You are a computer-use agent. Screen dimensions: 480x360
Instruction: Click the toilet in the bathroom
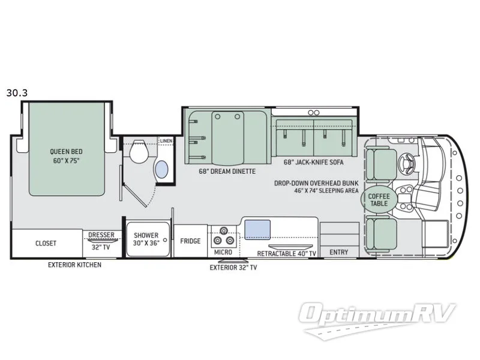pyautogui.click(x=139, y=151)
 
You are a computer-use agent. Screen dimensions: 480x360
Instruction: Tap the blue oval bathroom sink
pyautogui.click(x=162, y=169)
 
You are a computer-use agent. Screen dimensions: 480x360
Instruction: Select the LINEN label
pyautogui.click(x=167, y=141)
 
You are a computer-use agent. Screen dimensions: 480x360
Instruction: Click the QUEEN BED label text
pyautogui.click(x=66, y=152)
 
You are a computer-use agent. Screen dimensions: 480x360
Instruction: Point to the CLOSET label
pyautogui.click(x=46, y=244)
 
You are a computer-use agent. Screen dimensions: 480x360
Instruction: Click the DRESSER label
pyautogui.click(x=101, y=235)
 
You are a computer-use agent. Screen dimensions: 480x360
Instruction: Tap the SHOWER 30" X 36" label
pyautogui.click(x=146, y=239)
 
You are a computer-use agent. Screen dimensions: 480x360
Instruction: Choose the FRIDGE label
pyautogui.click(x=190, y=241)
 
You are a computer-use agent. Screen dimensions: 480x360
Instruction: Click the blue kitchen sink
pyautogui.click(x=257, y=229)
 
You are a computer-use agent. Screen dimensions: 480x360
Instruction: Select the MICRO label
pyautogui.click(x=223, y=252)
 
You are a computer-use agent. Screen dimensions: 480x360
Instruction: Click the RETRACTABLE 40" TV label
pyautogui.click(x=287, y=253)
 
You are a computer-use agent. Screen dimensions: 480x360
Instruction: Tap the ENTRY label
pyautogui.click(x=339, y=252)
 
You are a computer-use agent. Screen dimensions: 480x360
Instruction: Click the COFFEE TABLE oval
pyautogui.click(x=379, y=200)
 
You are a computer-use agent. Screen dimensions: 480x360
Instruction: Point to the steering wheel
pyautogui.click(x=407, y=162)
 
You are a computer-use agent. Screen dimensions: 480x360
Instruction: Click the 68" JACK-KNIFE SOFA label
pyautogui.click(x=313, y=162)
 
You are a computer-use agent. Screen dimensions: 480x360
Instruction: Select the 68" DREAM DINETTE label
pyautogui.click(x=227, y=172)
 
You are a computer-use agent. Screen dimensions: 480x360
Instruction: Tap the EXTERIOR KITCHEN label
pyautogui.click(x=74, y=265)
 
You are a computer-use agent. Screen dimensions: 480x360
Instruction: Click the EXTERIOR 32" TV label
pyautogui.click(x=233, y=268)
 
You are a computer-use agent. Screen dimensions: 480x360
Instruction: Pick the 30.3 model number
pyautogui.click(x=17, y=93)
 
